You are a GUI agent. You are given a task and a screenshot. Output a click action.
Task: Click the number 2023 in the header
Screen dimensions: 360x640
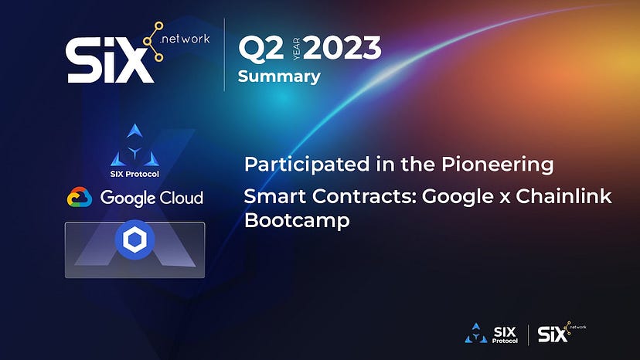tap(342, 49)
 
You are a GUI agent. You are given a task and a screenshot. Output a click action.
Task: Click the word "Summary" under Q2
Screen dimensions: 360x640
tap(278, 76)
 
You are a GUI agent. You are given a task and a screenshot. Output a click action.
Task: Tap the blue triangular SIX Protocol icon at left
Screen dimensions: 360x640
tap(135, 145)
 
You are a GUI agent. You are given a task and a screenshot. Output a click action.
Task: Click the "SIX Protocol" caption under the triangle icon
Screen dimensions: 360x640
tap(135, 173)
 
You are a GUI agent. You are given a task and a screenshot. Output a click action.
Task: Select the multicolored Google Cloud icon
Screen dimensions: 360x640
tap(79, 198)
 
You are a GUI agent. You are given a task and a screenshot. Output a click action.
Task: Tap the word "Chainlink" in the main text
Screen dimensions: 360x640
tap(572, 196)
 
